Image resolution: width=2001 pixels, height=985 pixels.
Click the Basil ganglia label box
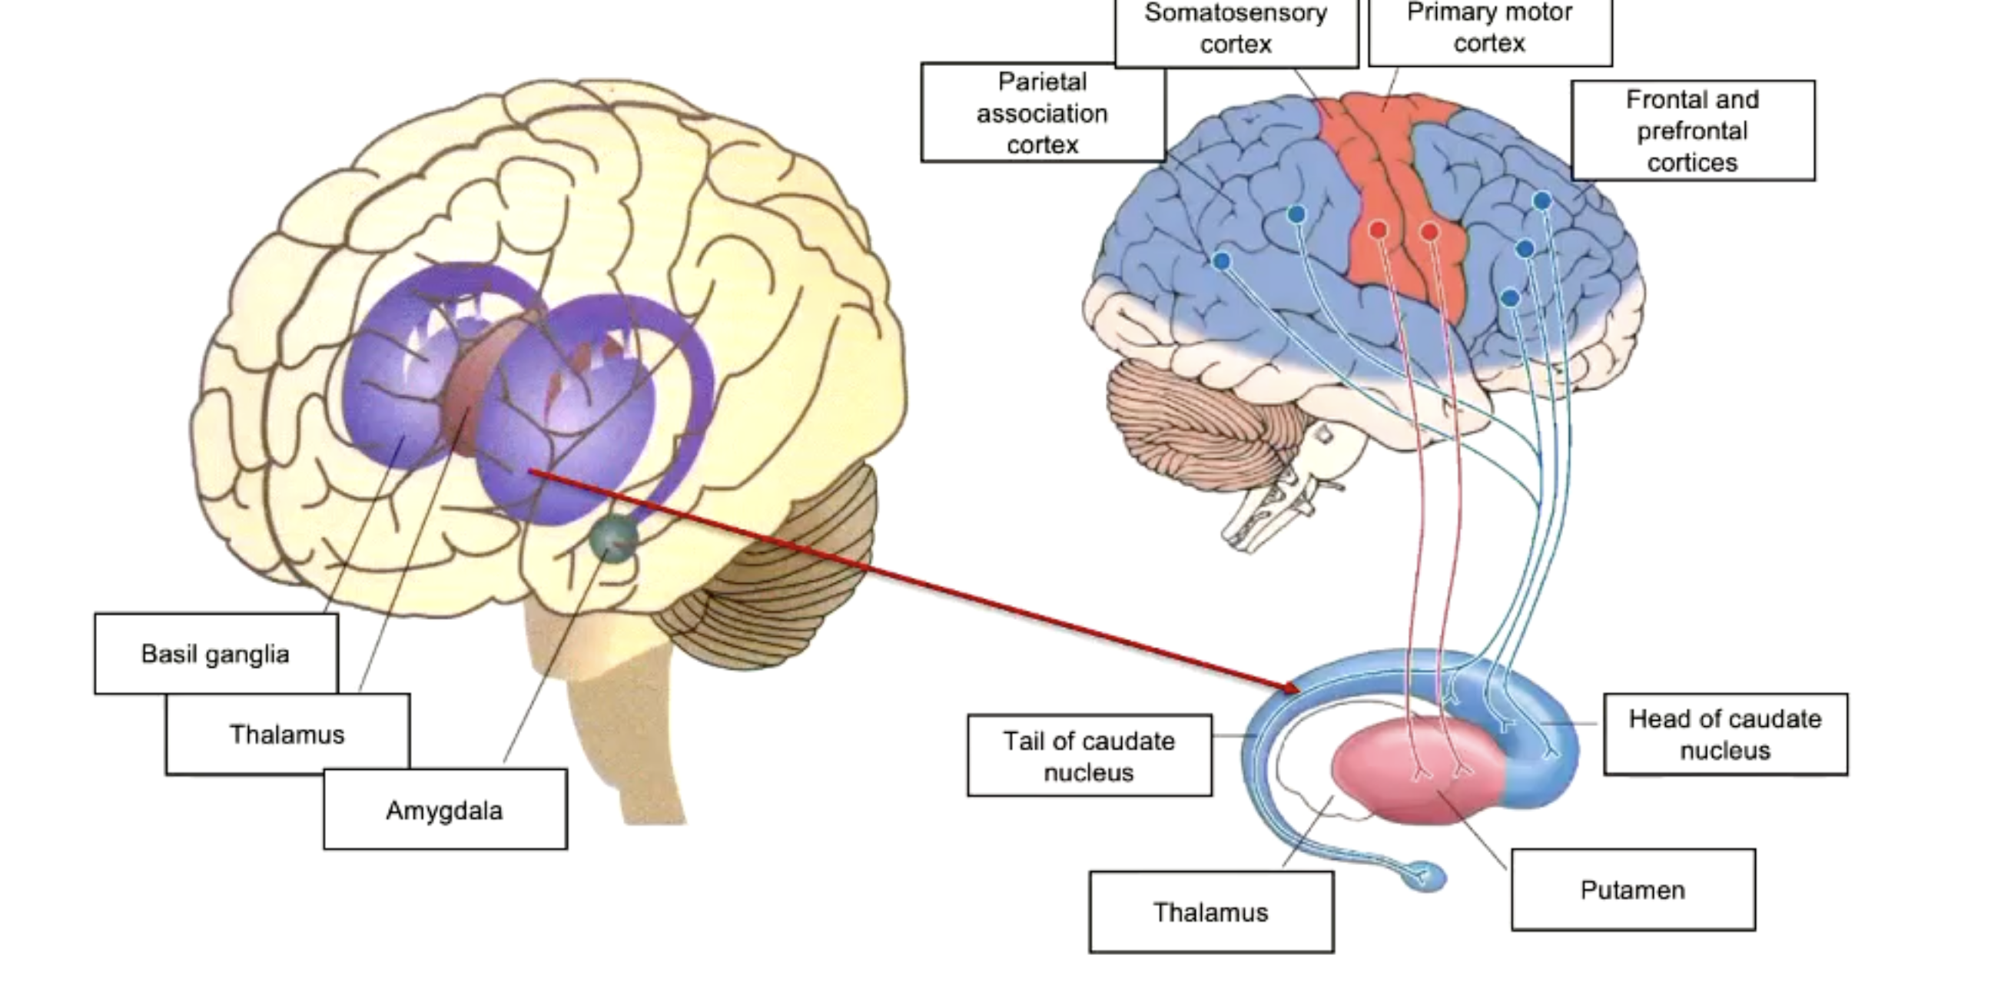pos(216,654)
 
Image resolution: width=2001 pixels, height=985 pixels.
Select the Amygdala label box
pos(444,811)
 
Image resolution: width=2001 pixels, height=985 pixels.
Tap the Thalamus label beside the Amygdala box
pos(287,734)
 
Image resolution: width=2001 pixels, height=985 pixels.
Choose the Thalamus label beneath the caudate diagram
pos(1211,912)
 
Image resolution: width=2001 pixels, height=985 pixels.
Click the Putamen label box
pos(1633,890)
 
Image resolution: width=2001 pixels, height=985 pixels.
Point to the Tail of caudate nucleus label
pos(1089,756)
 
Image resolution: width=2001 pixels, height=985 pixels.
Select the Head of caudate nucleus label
pos(1725,734)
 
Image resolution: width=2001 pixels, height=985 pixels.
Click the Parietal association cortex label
pos(1043,114)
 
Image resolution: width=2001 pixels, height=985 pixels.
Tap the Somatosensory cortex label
pos(1236,29)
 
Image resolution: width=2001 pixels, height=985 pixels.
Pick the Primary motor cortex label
pos(1490,28)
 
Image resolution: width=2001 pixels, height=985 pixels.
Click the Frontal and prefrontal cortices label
pos(1693,131)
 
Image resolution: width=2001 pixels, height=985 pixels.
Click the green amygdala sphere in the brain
pos(614,539)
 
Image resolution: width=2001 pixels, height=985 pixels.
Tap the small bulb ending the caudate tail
pos(1428,877)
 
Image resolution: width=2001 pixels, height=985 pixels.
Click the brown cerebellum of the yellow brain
pos(769,590)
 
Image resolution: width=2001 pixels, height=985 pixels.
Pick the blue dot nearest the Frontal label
pos(1542,201)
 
